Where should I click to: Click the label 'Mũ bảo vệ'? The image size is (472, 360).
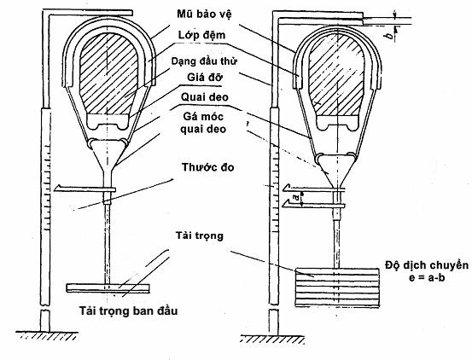point(204,14)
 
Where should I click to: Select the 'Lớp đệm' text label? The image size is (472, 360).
point(201,35)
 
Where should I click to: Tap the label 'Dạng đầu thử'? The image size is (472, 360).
point(204,61)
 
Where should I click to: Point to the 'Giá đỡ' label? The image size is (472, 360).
point(205,78)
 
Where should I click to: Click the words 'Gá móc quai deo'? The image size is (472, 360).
point(203,122)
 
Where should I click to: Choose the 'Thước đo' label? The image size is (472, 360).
point(208,167)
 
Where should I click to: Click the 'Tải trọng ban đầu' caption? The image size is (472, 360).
point(129,311)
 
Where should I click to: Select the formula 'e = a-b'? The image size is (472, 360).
point(427,277)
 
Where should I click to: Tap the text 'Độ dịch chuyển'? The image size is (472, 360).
point(427,265)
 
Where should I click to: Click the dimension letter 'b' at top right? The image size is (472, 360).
point(390,36)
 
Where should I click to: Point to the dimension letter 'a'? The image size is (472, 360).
point(297,197)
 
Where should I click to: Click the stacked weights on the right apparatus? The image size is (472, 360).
point(337,287)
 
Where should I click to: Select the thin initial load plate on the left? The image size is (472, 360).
point(108,287)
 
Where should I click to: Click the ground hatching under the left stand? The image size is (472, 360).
point(47,335)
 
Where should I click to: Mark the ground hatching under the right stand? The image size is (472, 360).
point(272,339)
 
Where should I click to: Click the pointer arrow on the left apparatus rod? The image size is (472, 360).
point(84,189)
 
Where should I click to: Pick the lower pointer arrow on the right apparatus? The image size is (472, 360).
point(314,205)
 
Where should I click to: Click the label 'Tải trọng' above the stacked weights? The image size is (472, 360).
point(200,235)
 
